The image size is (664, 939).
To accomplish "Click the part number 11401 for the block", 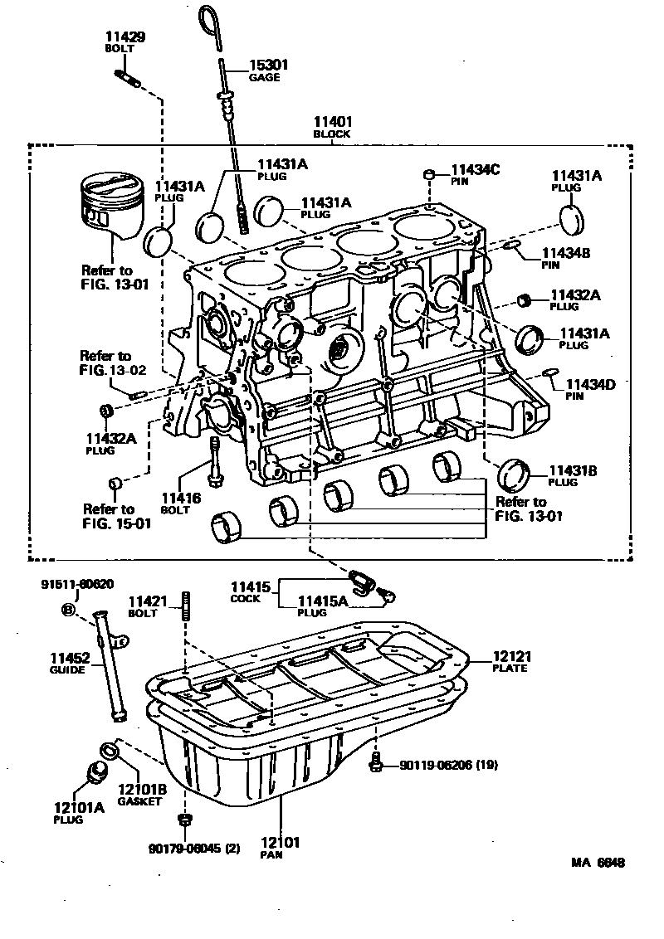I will pos(331,122).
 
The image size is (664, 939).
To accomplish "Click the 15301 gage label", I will pos(265,66).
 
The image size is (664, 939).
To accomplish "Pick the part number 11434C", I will pos(476,169).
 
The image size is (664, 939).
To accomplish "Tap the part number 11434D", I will pos(590,385).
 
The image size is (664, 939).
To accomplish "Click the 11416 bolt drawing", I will pos(215,462).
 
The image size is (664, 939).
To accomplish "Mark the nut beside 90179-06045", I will pos(185,821).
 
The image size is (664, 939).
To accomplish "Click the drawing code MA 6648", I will pos(597,862).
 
